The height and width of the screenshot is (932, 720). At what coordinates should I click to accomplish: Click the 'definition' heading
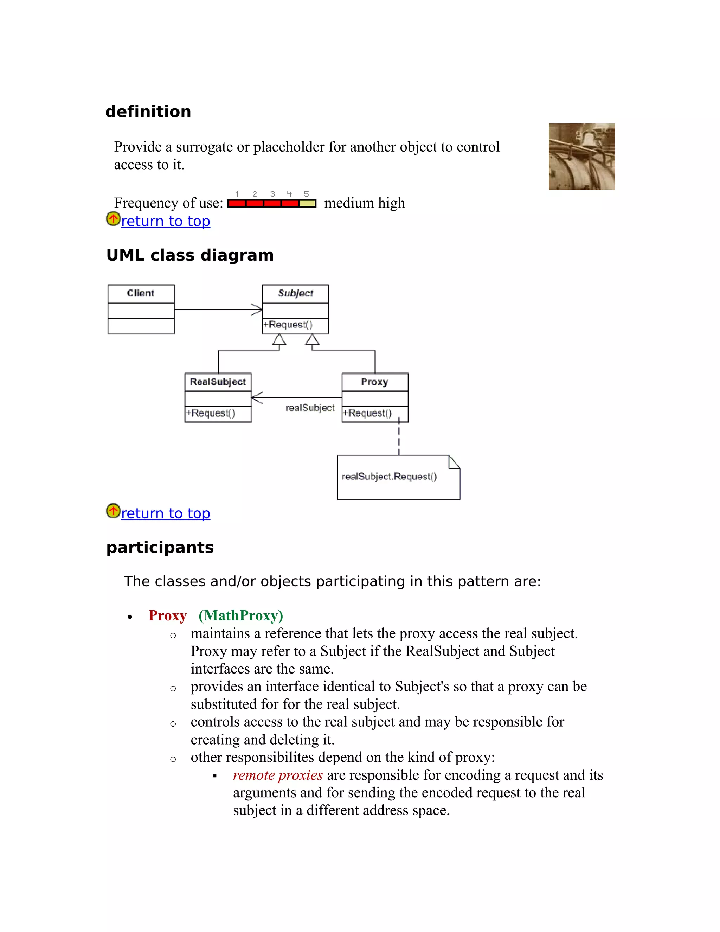coord(148,112)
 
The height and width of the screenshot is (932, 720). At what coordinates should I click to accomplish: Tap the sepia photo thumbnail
coord(581,157)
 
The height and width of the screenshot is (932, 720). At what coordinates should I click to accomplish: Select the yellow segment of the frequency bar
coord(307,204)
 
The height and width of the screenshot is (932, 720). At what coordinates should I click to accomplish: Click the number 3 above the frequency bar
coord(272,194)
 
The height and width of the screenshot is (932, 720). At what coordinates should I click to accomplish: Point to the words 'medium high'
coord(364,203)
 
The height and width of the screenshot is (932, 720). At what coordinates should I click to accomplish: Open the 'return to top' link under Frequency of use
coord(166,221)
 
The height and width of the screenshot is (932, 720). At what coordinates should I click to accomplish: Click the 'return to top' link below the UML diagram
coord(166,513)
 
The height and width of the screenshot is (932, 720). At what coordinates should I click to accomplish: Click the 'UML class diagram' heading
coord(190,255)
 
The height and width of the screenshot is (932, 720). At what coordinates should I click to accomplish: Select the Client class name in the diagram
coord(141,294)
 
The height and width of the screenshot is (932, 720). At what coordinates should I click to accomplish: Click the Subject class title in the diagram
coord(295,294)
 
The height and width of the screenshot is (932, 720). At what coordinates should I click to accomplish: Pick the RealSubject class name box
coord(218,382)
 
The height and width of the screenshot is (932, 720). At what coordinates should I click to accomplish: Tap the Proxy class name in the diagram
coord(374,382)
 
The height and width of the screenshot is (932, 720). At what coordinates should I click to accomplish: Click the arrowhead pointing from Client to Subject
coord(257,309)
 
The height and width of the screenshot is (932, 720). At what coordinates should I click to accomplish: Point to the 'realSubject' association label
coord(310,408)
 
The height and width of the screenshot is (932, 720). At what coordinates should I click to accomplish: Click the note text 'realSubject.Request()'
coord(390,477)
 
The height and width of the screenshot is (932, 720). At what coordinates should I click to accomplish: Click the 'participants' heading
coord(160,548)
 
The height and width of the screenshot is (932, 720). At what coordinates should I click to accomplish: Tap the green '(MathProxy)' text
coord(240,616)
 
